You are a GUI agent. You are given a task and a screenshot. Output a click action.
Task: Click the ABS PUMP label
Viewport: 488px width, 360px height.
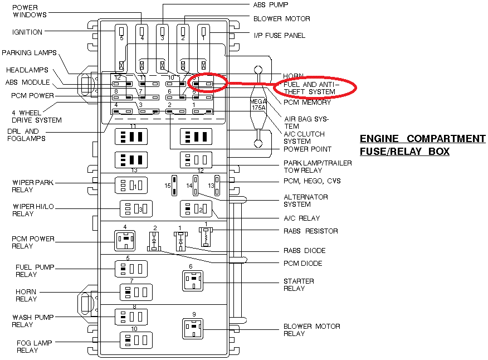pyautogui.click(x=271, y=4)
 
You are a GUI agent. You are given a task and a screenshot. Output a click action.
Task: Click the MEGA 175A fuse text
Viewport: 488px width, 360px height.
pyautogui.click(x=258, y=105)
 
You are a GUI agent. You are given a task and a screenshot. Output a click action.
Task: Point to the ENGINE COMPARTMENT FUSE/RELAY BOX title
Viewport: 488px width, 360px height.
pyautogui.click(x=422, y=145)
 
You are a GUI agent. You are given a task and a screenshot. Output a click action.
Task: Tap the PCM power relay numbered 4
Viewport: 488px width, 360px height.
pyautogui.click(x=125, y=241)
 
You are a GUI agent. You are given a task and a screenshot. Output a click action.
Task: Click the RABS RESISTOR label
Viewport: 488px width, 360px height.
pyautogui.click(x=311, y=231)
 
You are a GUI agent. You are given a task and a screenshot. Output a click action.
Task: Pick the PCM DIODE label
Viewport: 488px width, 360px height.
pyautogui.click(x=303, y=264)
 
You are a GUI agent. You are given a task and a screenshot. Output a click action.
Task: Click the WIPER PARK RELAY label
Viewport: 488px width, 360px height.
pyautogui.click(x=33, y=186)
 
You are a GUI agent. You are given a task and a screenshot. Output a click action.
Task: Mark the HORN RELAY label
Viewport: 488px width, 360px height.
pyautogui.click(x=26, y=295)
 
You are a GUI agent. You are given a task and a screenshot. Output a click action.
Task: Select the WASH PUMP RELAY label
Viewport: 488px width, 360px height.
pyautogui.click(x=33, y=321)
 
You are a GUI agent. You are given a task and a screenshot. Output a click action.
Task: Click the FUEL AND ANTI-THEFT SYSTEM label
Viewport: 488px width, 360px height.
pyautogui.click(x=309, y=88)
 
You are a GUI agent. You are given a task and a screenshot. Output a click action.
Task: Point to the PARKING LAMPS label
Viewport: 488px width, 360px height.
pyautogui.click(x=29, y=53)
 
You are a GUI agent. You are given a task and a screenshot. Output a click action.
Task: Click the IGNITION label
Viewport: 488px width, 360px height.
pyautogui.click(x=27, y=32)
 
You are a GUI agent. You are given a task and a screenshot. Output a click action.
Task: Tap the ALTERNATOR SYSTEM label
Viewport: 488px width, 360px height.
pyautogui.click(x=306, y=201)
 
